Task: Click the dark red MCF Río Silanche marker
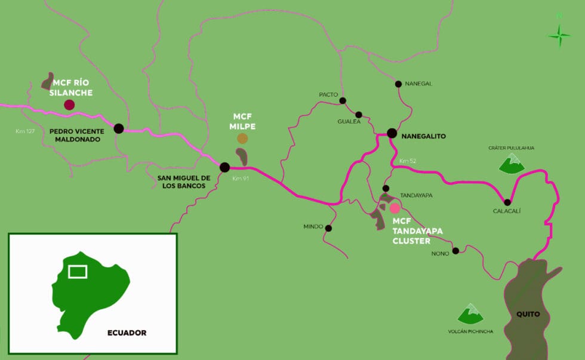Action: [69, 105]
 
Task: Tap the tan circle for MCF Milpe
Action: [242, 139]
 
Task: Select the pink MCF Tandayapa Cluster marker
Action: [395, 208]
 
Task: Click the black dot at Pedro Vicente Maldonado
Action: [119, 128]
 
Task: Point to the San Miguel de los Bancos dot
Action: [224, 167]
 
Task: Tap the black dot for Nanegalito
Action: [392, 133]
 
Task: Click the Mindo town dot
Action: [328, 227]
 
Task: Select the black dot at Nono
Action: [455, 251]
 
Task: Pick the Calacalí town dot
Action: [507, 202]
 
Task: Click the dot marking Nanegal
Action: [398, 84]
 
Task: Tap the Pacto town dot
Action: [343, 100]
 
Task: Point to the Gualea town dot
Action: [359, 115]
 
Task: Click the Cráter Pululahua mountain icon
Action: [512, 164]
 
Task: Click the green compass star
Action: [559, 36]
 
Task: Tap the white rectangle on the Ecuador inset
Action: [78, 272]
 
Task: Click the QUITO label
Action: [528, 314]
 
